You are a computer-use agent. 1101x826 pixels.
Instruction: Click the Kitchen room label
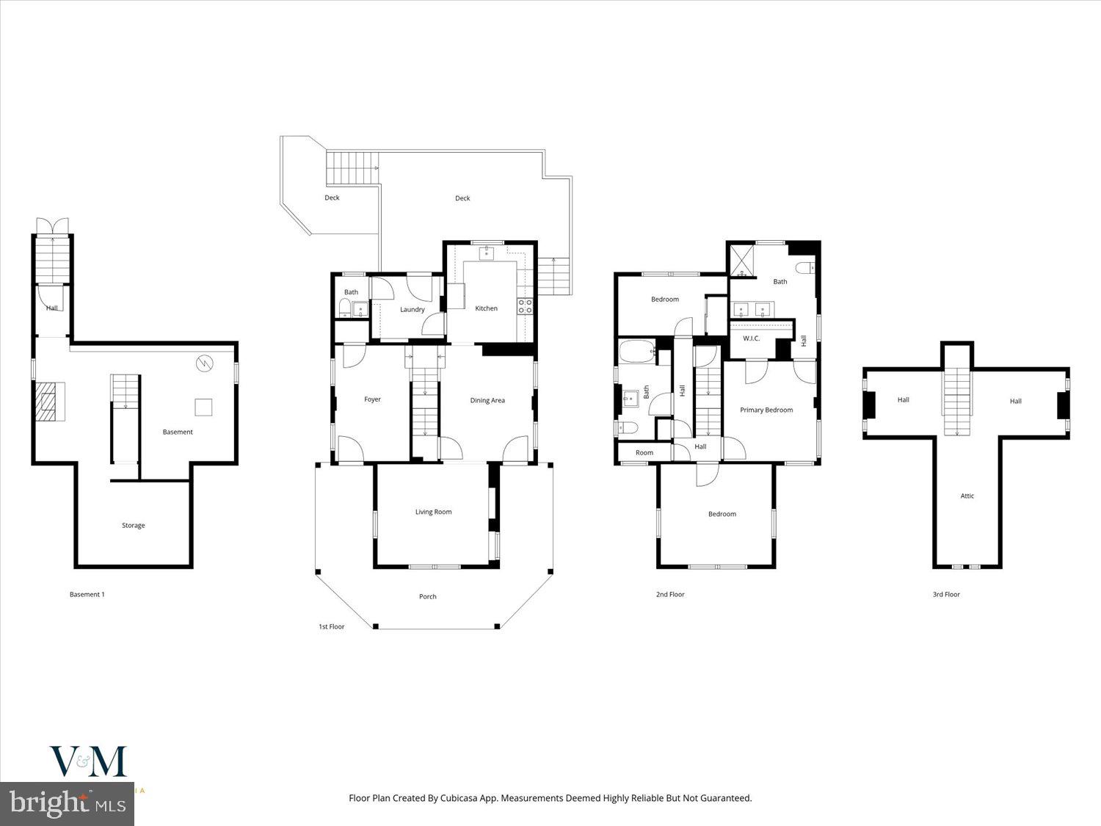[x=486, y=308]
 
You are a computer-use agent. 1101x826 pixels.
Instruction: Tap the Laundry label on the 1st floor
[x=412, y=309]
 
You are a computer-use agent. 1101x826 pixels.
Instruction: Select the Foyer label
[x=372, y=399]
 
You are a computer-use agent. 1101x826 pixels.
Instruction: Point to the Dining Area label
[x=487, y=400]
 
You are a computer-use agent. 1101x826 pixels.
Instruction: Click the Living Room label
[x=433, y=512]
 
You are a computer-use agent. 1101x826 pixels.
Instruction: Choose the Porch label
[x=427, y=596]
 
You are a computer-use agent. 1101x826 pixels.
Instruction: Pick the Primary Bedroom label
[x=766, y=410]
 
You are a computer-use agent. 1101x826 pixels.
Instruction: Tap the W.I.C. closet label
[x=751, y=338]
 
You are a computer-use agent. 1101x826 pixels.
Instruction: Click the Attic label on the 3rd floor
[x=967, y=496]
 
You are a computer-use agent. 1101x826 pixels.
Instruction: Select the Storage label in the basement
[x=133, y=525]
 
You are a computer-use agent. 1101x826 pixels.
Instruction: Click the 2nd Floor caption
[x=669, y=594]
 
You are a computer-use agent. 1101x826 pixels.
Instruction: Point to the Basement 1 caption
[x=87, y=594]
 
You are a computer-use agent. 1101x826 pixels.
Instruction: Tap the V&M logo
[x=88, y=761]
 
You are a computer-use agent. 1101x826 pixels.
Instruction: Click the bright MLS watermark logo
[x=68, y=803]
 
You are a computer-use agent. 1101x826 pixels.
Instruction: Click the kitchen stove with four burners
[x=525, y=306]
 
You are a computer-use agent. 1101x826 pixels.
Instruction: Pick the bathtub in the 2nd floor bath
[x=637, y=352]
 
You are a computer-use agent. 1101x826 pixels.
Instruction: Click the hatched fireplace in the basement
[x=49, y=401]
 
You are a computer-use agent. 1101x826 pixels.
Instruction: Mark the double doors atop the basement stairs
[x=53, y=225]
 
